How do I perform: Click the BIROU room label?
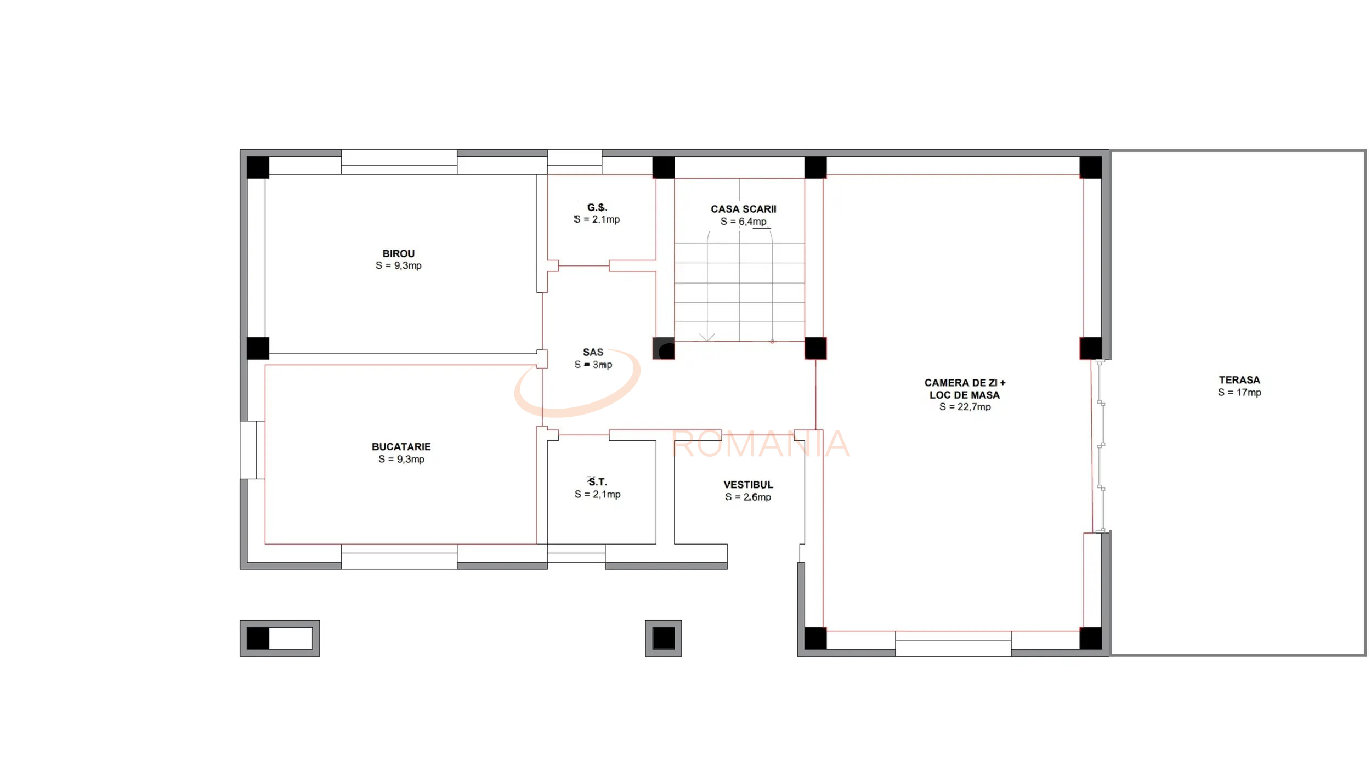(398, 253)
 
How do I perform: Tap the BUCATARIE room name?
(401, 447)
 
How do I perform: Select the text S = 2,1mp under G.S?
(597, 219)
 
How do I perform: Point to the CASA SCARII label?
(743, 209)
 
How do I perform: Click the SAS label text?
(593, 352)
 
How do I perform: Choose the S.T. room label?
(597, 482)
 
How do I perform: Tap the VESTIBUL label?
(748, 485)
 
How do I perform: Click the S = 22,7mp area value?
(965, 407)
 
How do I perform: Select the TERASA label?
(1239, 380)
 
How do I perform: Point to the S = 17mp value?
(1239, 393)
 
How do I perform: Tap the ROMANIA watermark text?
(760, 444)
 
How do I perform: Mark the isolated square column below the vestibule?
(663, 638)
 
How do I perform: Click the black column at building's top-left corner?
(258, 167)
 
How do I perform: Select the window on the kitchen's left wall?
(252, 450)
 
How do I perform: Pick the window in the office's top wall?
(399, 162)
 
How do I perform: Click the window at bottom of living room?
(953, 643)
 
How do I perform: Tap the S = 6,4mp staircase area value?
(743, 222)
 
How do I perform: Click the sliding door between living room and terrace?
(1100, 445)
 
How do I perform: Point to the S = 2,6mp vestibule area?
(748, 497)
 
